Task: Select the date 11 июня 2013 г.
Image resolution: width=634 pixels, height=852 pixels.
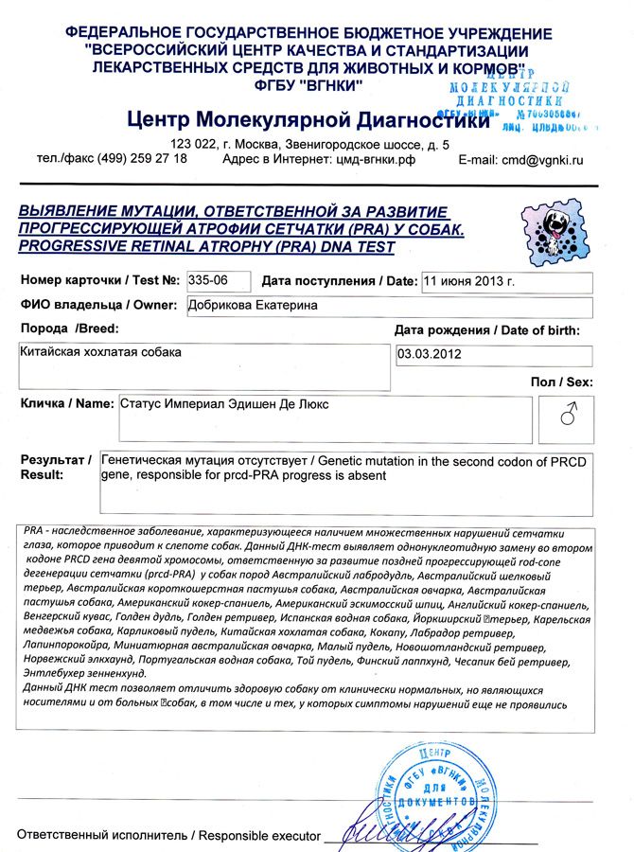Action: coord(469,281)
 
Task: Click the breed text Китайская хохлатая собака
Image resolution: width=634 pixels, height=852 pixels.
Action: coord(99,352)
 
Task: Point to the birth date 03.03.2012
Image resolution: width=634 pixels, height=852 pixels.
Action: coord(431,355)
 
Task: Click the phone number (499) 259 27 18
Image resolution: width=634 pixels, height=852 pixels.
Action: coord(140,158)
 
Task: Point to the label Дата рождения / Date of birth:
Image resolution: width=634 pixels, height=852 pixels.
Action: coord(486,330)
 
